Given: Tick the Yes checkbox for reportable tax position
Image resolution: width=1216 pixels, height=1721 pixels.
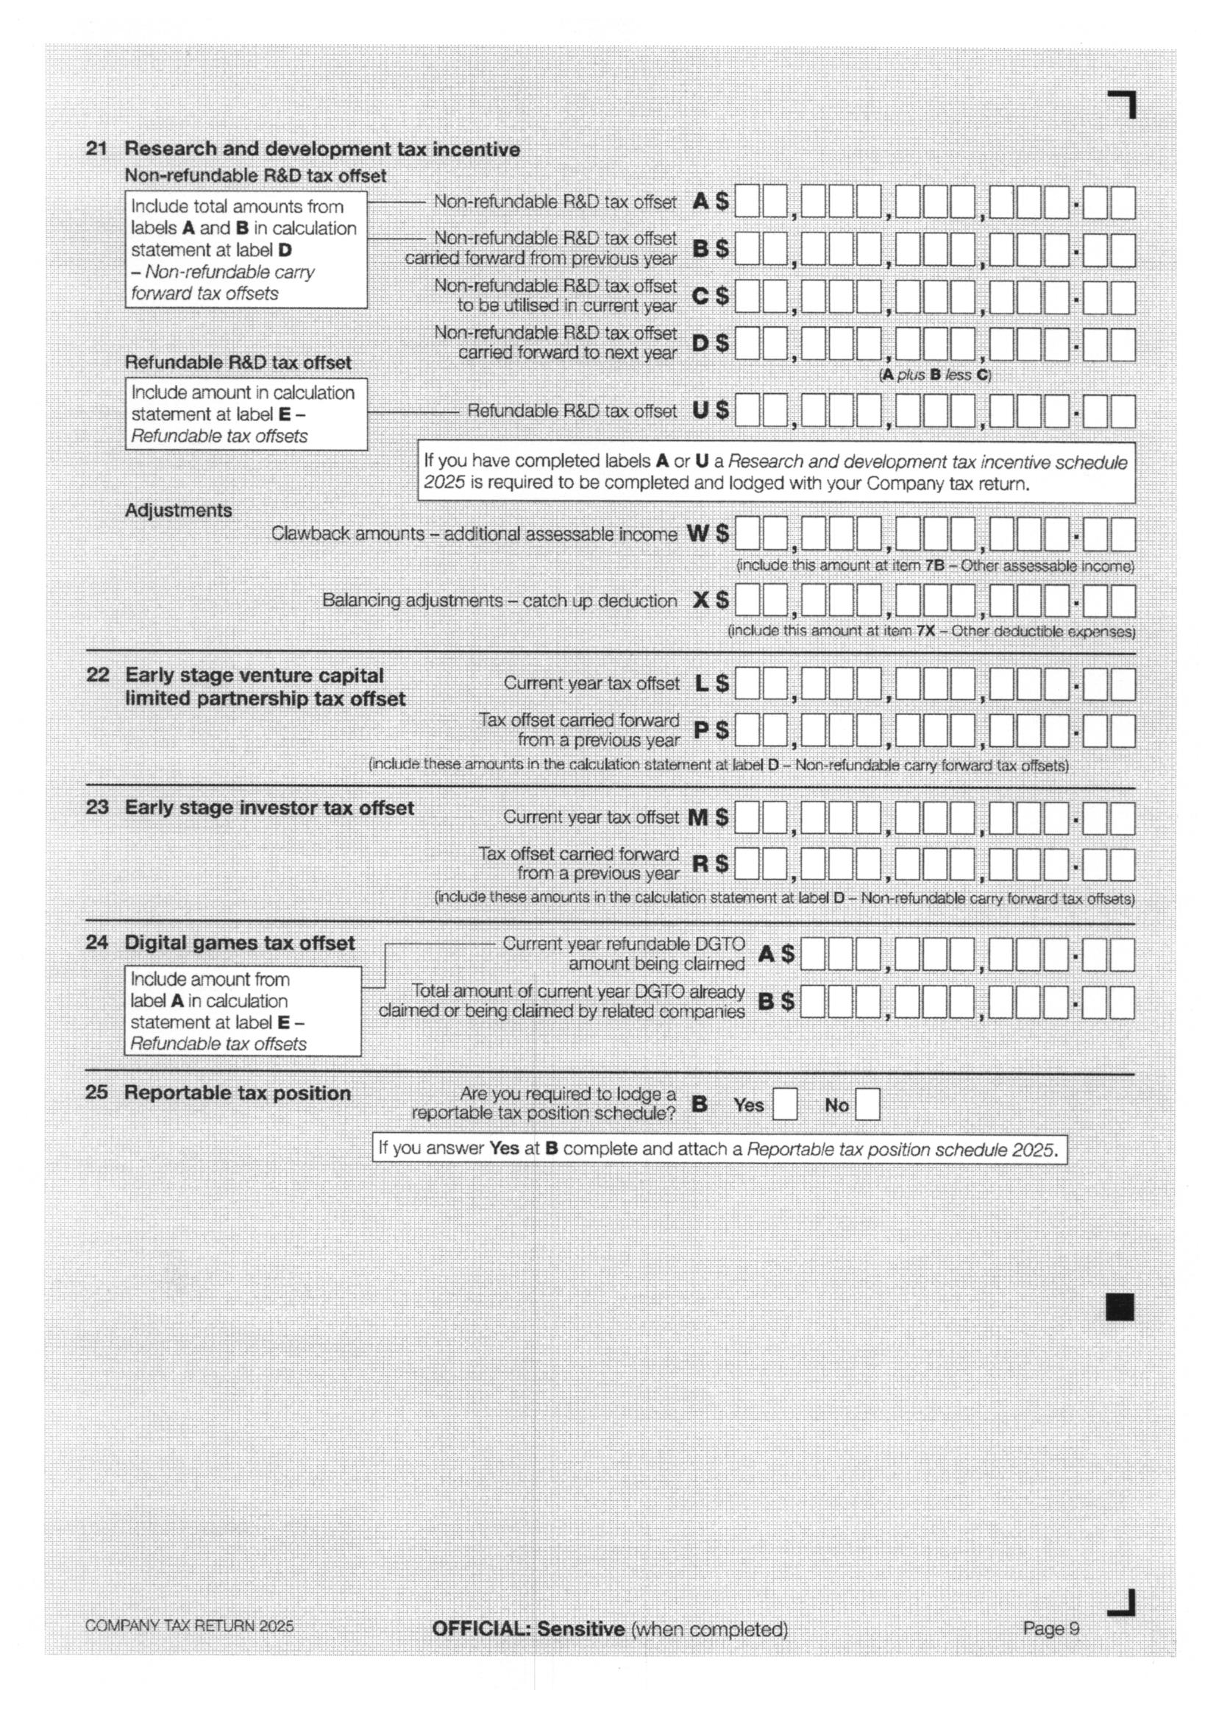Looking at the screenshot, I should [784, 1104].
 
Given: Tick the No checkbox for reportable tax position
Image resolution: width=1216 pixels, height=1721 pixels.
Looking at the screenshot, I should [867, 1104].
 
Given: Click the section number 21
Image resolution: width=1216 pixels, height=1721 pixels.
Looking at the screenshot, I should [96, 149].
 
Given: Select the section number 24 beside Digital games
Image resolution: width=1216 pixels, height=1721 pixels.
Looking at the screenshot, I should [96, 942].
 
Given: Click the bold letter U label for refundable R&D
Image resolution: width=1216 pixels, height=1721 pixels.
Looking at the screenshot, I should [700, 410].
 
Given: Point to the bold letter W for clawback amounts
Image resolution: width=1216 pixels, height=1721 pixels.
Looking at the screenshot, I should [697, 533].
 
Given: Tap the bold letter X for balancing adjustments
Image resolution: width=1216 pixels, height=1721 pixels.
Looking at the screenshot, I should [700, 600].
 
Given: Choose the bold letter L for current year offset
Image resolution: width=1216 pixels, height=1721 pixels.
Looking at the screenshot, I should [701, 683].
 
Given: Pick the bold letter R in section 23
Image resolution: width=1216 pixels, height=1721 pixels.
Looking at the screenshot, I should [700, 863].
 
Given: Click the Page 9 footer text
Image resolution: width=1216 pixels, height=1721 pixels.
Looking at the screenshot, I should [1050, 1628].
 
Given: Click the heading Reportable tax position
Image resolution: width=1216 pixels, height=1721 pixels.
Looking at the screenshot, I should [238, 1093].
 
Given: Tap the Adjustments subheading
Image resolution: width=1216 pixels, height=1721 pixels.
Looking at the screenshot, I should [178, 510].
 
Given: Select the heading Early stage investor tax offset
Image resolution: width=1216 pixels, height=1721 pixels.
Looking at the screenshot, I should [269, 808].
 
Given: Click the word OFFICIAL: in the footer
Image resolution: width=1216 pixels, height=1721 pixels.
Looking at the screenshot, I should [481, 1629].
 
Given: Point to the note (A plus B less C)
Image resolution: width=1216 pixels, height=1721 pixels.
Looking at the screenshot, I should [934, 375].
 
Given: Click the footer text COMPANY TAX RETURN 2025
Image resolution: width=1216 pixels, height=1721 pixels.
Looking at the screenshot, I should [190, 1626].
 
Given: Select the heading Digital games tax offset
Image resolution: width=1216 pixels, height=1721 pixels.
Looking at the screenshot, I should [239, 943].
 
